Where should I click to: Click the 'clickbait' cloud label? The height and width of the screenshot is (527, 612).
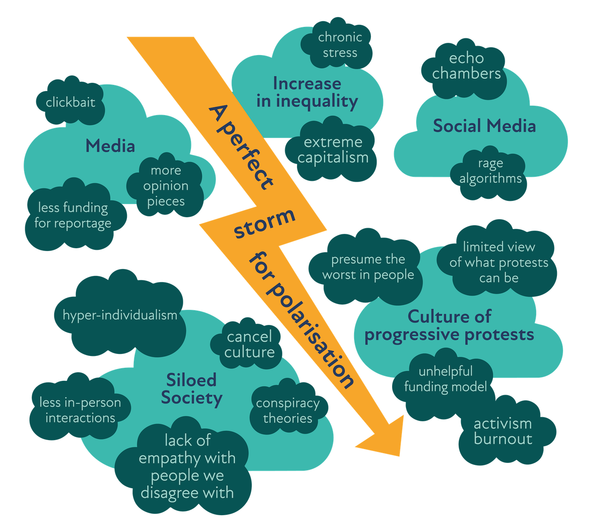(70, 102)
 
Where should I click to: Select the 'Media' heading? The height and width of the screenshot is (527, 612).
(110, 146)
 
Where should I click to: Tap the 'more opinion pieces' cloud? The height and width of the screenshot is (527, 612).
(166, 186)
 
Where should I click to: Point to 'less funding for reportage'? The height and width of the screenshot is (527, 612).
(73, 215)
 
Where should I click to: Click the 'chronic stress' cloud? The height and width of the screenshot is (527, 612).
(340, 45)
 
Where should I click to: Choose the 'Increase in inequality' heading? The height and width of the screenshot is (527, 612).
(307, 92)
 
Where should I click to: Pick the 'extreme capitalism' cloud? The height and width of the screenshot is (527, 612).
(333, 150)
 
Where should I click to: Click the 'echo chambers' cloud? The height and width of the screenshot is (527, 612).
(466, 66)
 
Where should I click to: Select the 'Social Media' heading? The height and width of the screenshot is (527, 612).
(484, 126)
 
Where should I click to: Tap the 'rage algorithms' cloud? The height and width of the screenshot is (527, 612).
(490, 171)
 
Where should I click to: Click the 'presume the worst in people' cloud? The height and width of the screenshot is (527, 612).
(368, 267)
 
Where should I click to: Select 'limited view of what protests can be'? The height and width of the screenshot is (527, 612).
(499, 262)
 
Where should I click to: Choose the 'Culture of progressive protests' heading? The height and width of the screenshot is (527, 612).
(449, 325)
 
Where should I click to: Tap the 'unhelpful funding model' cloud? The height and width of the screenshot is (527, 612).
(446, 379)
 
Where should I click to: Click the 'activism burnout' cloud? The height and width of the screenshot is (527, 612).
(503, 431)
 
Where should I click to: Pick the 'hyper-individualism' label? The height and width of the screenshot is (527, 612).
(120, 315)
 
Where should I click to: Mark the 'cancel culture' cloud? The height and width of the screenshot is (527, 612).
(249, 344)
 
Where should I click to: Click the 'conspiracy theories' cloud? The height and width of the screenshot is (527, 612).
(288, 410)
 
